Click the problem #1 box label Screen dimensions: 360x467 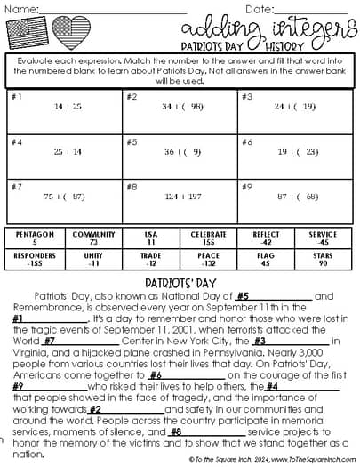pos(16,95)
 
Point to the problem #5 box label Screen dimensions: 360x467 pos(131,141)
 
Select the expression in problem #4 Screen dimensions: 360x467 pos(68,152)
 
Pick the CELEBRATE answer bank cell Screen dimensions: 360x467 pos(208,238)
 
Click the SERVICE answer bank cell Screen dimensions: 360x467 pos(324,238)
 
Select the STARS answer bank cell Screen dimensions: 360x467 pos(324,260)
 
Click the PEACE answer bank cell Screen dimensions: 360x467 pos(208,260)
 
